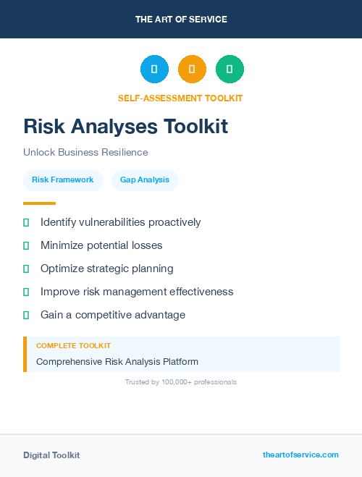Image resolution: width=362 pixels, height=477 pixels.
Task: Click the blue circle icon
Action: coord(154,69)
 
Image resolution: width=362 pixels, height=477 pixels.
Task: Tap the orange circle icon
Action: coord(192,69)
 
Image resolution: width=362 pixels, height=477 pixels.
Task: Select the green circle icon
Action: coord(230,69)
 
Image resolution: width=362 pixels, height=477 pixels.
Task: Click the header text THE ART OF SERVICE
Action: coord(181,20)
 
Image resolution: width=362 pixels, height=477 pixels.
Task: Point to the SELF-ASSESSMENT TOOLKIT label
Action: coord(180,98)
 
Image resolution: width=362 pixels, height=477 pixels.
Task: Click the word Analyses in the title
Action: coord(100,127)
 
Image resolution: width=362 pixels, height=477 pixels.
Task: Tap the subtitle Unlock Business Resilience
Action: coord(85,152)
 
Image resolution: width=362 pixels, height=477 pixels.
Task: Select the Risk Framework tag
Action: coord(63,180)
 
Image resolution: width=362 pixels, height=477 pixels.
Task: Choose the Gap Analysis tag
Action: coord(145,180)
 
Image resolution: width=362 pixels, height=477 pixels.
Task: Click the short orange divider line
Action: coord(39,203)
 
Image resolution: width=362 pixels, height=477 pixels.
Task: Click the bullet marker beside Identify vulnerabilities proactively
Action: coord(26,222)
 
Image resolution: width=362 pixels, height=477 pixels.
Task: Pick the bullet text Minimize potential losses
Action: coord(101,245)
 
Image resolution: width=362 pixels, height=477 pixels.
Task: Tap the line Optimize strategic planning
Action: coord(106,269)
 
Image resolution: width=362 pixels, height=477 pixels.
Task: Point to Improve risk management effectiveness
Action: coord(137,292)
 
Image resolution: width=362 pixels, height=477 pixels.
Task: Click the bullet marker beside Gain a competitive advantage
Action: coord(26,315)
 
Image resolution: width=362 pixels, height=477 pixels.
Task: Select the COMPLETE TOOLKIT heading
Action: coord(73,346)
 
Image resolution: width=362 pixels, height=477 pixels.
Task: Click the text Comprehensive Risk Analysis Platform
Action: coord(117,361)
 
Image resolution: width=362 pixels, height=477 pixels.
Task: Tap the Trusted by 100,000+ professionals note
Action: coord(181,381)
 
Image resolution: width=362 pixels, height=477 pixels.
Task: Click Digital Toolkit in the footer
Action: coord(51,455)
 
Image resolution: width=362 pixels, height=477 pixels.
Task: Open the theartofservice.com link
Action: coord(300,455)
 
